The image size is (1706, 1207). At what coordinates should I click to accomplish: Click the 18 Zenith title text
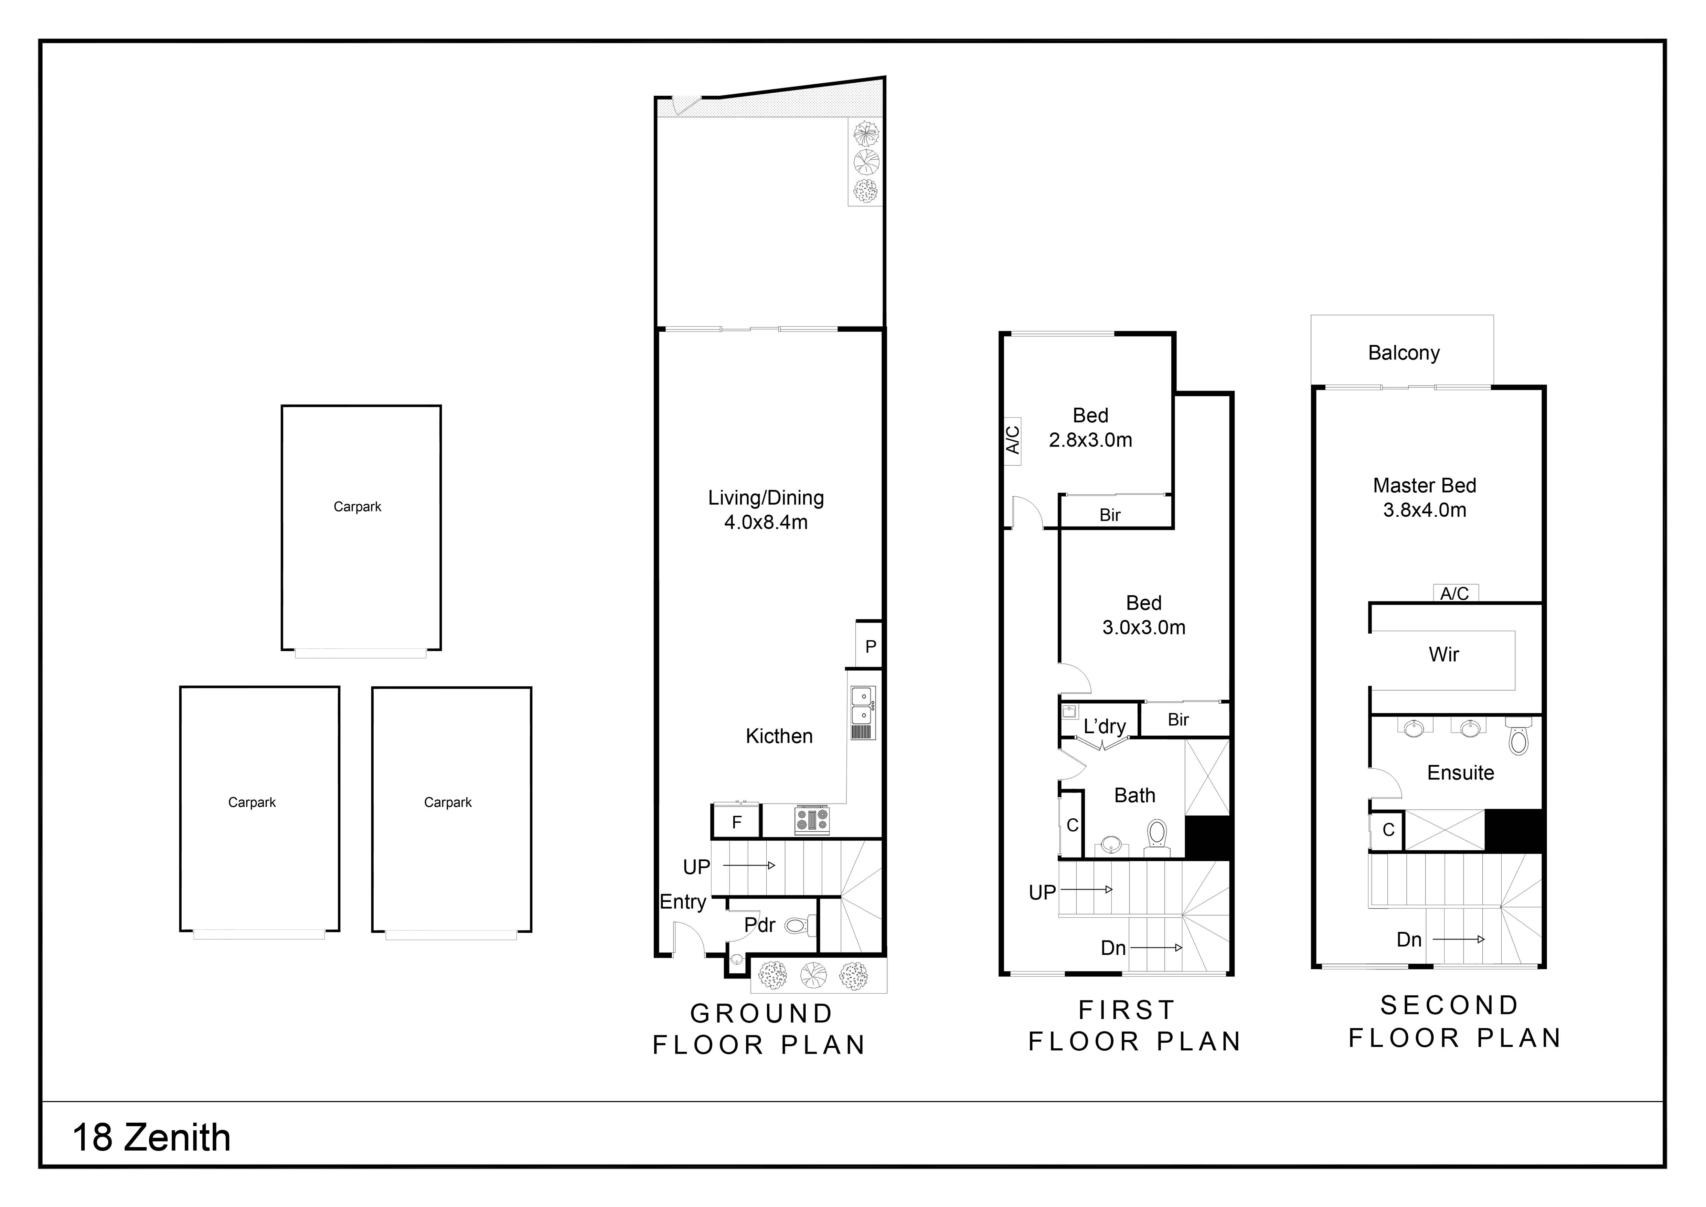pos(152,1138)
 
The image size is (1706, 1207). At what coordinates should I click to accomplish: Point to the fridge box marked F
pos(736,822)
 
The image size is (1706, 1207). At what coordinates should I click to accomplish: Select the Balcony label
pos(1404,353)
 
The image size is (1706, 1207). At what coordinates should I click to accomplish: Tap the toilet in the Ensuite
pos(1519,738)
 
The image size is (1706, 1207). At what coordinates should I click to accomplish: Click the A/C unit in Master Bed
pos(1455,593)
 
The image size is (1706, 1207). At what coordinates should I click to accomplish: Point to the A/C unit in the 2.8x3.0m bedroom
pos(1012,440)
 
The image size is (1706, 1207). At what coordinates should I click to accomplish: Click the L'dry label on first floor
pos(1104,726)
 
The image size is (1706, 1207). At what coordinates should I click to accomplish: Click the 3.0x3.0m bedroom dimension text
pos(1143,627)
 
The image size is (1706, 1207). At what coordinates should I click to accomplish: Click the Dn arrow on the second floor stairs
pos(1458,940)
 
